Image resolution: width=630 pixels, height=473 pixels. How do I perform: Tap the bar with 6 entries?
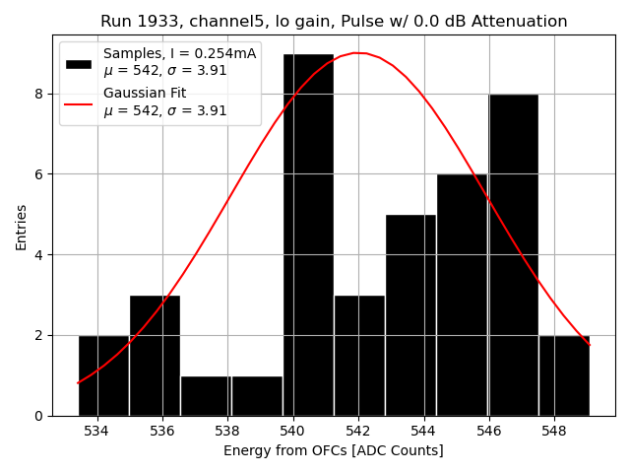click(x=462, y=295)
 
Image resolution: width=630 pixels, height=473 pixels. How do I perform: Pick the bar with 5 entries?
click(x=410, y=314)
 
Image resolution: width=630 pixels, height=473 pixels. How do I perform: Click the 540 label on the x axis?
click(x=293, y=431)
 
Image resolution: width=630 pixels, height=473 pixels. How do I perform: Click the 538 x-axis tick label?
click(x=227, y=431)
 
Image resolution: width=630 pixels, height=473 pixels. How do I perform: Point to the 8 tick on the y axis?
click(x=39, y=94)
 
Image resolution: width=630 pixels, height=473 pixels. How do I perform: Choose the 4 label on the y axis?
click(x=39, y=255)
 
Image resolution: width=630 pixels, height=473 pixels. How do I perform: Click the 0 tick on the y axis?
click(x=39, y=416)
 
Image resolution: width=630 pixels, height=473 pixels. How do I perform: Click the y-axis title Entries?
click(x=22, y=226)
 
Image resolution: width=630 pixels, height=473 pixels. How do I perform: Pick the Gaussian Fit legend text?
click(x=146, y=94)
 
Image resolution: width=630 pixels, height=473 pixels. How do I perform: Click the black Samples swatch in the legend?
click(x=79, y=63)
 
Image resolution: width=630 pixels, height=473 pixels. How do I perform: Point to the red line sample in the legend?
click(x=79, y=102)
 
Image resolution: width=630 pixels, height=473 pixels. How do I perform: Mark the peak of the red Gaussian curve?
click(x=359, y=53)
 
